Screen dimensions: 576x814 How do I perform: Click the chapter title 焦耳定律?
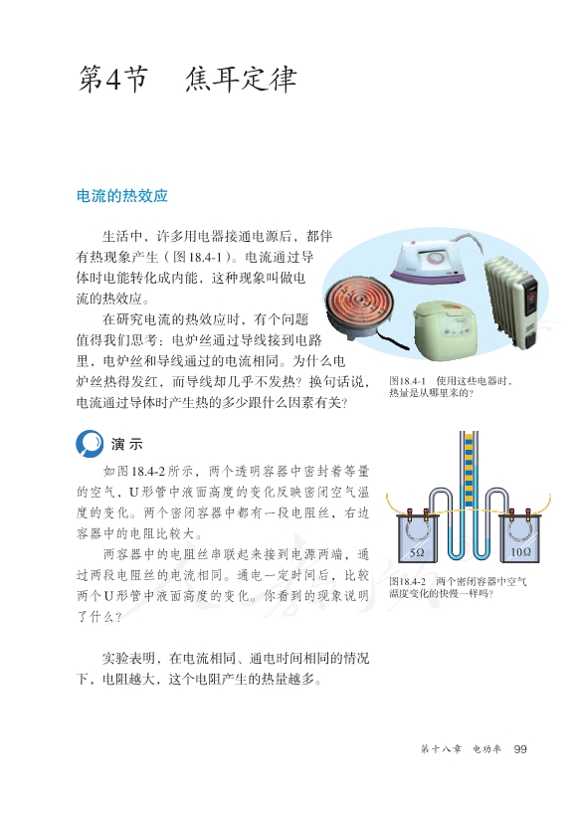click(x=241, y=80)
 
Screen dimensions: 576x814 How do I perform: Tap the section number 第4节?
click(x=113, y=80)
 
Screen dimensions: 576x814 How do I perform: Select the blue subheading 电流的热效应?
click(x=122, y=196)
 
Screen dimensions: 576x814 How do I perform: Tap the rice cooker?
click(x=448, y=329)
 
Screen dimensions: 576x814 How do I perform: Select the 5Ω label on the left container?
click(x=417, y=552)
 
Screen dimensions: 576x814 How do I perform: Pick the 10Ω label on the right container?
click(x=520, y=552)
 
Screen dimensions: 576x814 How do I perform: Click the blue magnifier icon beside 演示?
click(x=89, y=444)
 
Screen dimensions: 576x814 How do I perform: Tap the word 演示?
click(x=126, y=445)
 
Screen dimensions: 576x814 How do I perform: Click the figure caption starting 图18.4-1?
click(x=451, y=387)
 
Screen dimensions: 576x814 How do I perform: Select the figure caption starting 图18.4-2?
click(x=459, y=588)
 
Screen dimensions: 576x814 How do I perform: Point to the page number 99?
click(x=520, y=749)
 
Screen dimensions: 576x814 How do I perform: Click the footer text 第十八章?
click(x=441, y=749)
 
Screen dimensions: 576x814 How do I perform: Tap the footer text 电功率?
click(x=486, y=749)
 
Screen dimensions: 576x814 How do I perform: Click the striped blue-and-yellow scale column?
click(x=469, y=470)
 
